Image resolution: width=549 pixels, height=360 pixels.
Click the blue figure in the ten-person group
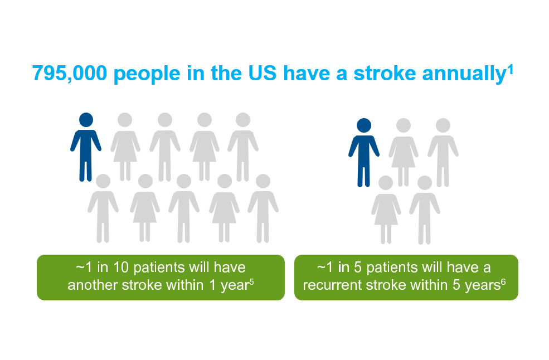tap(86, 148)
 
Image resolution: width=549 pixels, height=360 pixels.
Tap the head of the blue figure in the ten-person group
tap(86, 120)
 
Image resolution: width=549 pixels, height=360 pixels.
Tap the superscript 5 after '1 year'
tap(252, 281)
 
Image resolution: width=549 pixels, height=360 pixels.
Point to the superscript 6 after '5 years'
tap(503, 281)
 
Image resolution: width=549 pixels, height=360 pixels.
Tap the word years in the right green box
tap(480, 285)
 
